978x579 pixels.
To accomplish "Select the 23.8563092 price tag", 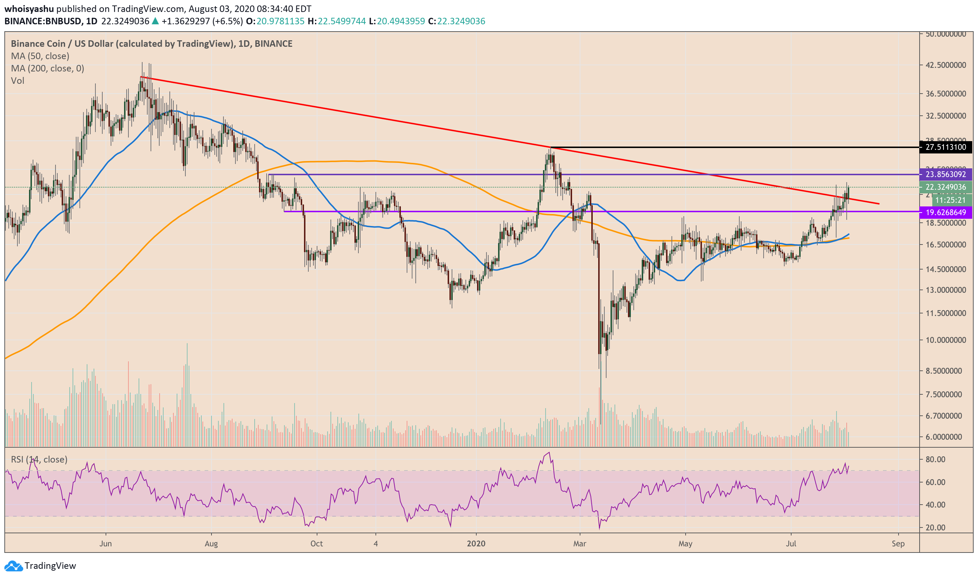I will click(946, 174).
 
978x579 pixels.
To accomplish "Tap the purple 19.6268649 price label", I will click(946, 213).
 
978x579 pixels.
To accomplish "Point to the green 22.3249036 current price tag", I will click(946, 187).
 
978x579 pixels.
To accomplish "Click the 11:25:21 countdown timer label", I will click(950, 201).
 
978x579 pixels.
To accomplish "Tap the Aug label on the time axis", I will click(211, 544).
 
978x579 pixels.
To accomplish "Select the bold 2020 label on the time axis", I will click(476, 544).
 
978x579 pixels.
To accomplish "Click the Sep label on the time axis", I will click(898, 544).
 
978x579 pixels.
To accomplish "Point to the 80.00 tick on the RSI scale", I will click(936, 460).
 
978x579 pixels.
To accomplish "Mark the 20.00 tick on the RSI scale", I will click(936, 528).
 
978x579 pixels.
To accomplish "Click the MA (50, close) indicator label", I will click(40, 56).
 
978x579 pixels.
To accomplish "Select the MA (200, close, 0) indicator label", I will click(48, 69).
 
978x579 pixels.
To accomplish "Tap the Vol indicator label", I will click(17, 81).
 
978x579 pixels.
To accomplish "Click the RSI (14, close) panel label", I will click(39, 460).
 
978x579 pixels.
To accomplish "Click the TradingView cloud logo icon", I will click(13, 566).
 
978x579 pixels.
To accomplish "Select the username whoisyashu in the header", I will click(29, 9).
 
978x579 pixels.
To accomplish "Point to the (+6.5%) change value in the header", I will click(227, 21).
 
